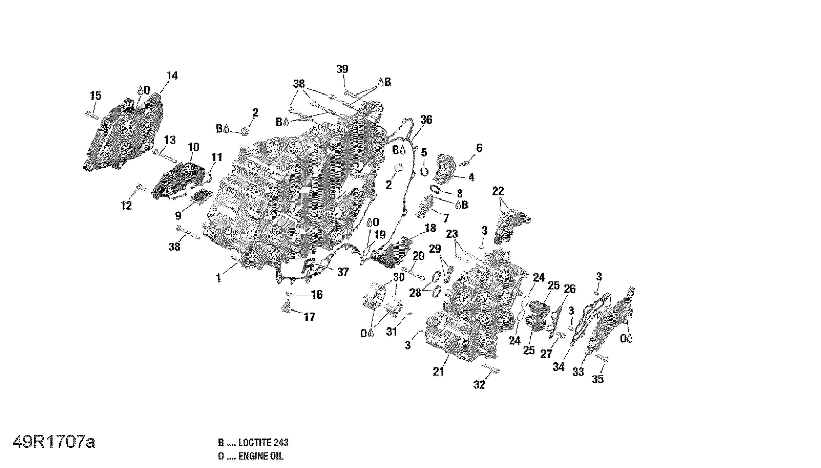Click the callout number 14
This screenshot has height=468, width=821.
pos(172,76)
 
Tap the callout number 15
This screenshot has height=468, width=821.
pos(95,96)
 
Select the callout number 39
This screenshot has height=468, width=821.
pos(342,69)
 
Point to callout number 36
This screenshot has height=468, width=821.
pos(426,120)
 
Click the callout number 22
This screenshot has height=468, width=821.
pos(498,191)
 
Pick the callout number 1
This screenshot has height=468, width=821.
pos(218,278)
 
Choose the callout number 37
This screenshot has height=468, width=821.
pos(343,272)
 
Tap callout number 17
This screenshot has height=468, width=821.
pos(309,317)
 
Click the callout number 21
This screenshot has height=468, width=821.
pos(438,372)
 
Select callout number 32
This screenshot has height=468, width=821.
pos(479,385)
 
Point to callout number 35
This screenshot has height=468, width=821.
pos(598,379)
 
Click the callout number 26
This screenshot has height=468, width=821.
pos(570,289)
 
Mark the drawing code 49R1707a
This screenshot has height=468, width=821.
pos(54,442)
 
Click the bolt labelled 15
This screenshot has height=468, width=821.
pos(92,115)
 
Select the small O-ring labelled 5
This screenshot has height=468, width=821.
pos(424,172)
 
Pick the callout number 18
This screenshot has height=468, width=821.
pos(430,228)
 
